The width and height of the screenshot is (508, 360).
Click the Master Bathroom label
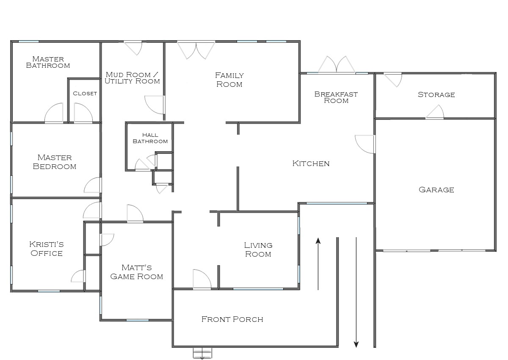pyautogui.click(x=48, y=62)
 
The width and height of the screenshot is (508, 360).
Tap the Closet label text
pyautogui.click(x=85, y=94)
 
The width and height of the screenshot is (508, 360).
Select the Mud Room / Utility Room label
pyautogui.click(x=132, y=78)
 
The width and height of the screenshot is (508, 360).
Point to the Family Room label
pyautogui.click(x=229, y=80)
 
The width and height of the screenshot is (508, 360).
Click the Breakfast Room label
pyautogui.click(x=336, y=97)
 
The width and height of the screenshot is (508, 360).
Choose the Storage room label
pyautogui.click(x=436, y=94)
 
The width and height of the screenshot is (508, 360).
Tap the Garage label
pyautogui.click(x=436, y=190)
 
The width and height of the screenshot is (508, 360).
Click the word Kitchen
pyautogui.click(x=311, y=163)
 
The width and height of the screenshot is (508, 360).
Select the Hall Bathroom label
pyautogui.click(x=150, y=138)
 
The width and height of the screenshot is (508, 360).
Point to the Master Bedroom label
pyautogui.click(x=55, y=162)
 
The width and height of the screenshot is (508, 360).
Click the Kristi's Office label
pyautogui.click(x=47, y=249)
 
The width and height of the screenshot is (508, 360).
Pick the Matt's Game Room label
pyautogui.click(x=136, y=272)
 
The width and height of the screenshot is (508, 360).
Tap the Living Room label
pyautogui.click(x=258, y=249)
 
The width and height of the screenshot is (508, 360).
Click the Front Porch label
pyautogui.click(x=232, y=319)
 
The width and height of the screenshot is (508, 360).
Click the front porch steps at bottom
pyautogui.click(x=202, y=353)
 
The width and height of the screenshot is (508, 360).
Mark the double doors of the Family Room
pyautogui.click(x=196, y=50)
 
